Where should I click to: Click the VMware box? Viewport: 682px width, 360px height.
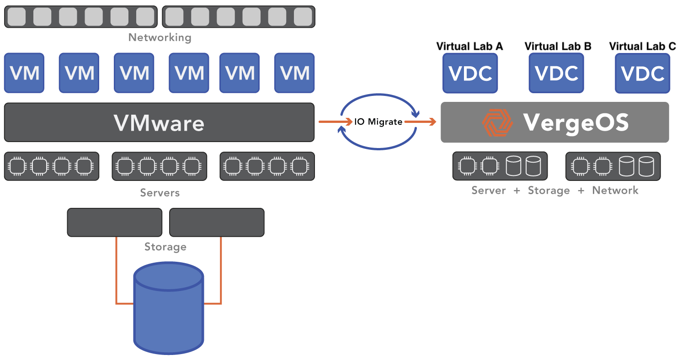click(x=159, y=122)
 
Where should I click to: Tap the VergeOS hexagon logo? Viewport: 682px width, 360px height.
click(x=497, y=122)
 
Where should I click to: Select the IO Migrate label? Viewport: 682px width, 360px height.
click(x=378, y=122)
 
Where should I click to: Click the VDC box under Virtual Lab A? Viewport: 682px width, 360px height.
click(x=470, y=73)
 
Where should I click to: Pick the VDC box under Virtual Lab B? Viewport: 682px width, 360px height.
click(x=556, y=73)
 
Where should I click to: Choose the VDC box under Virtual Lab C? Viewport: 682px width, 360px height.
click(x=642, y=73)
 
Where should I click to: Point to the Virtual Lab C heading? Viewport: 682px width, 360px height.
click(x=642, y=46)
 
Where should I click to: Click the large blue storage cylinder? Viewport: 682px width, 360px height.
click(x=169, y=308)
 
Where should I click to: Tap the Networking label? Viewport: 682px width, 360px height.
click(x=160, y=37)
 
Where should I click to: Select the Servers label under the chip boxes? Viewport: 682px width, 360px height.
click(x=160, y=193)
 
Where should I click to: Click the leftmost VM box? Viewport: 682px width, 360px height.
click(x=24, y=73)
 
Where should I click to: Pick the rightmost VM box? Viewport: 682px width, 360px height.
click(x=294, y=73)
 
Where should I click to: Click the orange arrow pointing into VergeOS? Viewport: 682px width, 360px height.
click(x=420, y=122)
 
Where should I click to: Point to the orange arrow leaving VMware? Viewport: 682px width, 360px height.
click(x=336, y=122)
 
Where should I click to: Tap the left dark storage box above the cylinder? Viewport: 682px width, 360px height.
click(x=114, y=222)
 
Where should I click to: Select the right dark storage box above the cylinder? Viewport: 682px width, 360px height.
click(x=217, y=222)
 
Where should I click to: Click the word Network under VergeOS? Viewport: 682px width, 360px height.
click(x=615, y=190)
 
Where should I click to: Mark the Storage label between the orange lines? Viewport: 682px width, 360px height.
click(x=165, y=247)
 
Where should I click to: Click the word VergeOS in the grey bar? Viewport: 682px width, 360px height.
click(x=576, y=123)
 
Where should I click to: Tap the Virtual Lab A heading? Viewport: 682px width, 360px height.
click(x=469, y=46)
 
